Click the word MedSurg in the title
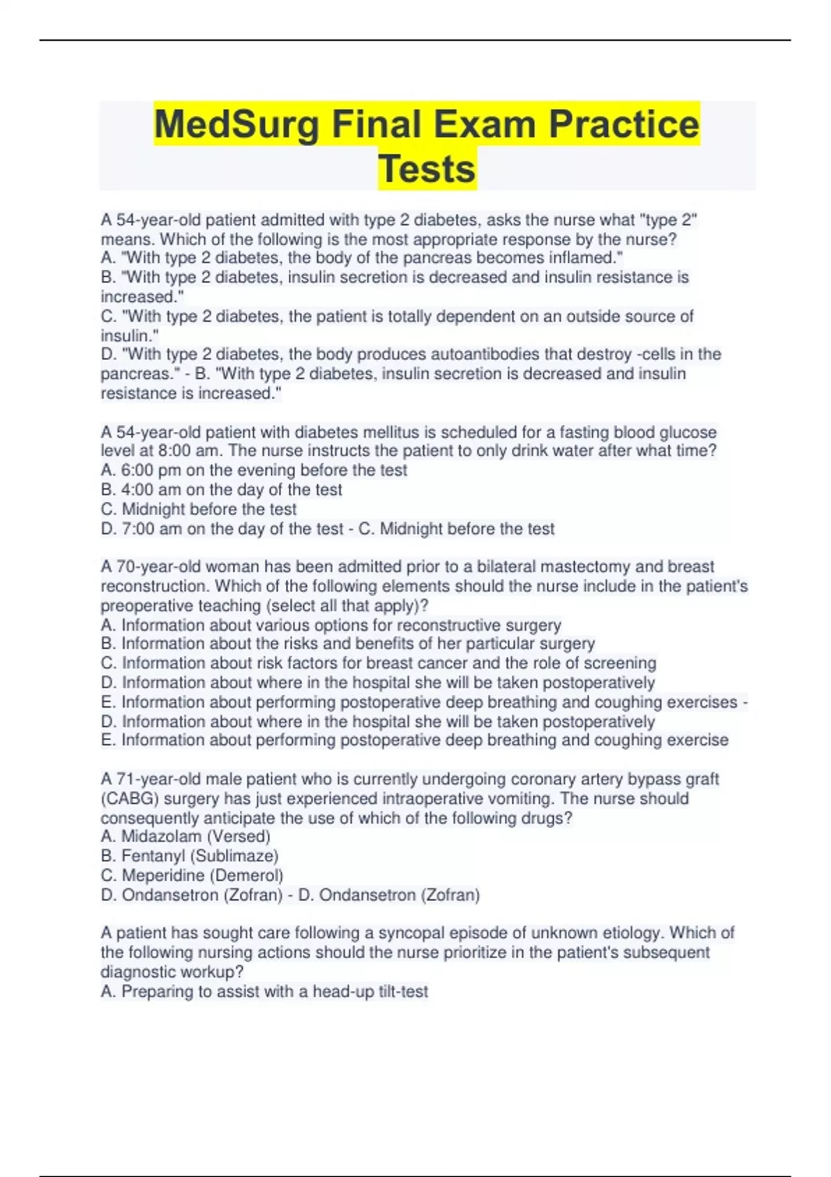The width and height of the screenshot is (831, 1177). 237,125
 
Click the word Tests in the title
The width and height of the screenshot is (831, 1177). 427,169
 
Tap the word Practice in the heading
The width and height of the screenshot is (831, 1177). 624,125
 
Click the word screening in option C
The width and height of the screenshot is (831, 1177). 620,663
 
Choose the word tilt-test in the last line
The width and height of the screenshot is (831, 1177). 403,991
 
